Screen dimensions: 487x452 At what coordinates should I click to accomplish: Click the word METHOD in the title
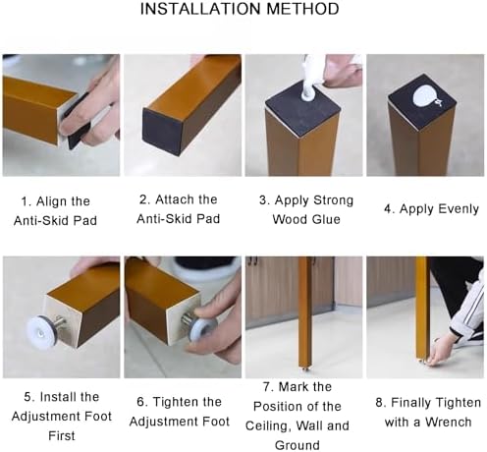(302, 9)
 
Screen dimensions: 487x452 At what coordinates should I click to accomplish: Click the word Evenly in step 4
(459, 209)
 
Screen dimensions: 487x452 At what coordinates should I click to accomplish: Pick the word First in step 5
(62, 435)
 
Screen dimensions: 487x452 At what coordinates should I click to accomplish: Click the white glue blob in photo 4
(426, 97)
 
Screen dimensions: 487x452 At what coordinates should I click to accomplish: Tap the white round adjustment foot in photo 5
(43, 330)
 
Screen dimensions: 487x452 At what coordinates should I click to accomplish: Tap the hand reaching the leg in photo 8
(438, 353)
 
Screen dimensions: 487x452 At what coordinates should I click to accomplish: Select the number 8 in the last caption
(379, 403)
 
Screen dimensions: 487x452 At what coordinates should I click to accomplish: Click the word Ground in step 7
(298, 445)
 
